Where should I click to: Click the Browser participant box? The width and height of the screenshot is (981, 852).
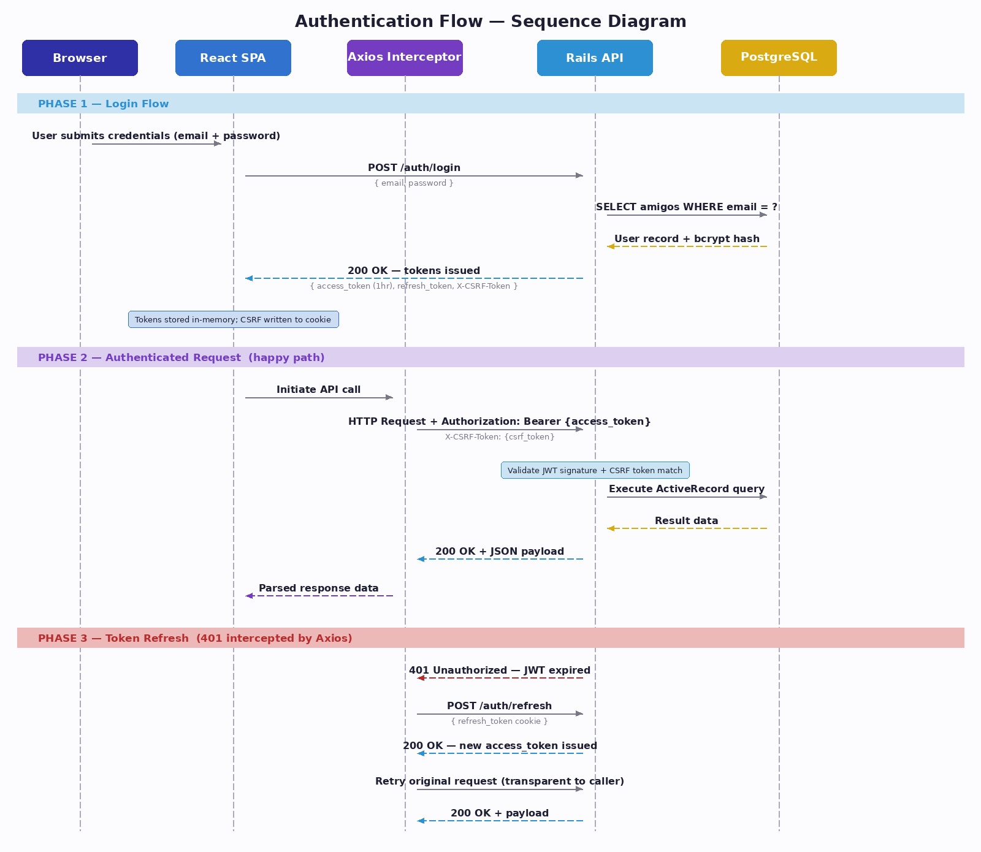80,58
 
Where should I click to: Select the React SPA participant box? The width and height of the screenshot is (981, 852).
233,58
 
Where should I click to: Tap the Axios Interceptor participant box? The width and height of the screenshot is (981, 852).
405,58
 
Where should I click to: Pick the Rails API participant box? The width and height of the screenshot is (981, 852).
595,58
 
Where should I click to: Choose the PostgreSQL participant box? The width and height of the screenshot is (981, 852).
779,58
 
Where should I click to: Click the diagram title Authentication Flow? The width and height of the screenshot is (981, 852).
490,21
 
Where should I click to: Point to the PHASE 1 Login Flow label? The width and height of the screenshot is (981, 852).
103,104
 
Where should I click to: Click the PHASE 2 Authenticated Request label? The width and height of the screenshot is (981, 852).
181,357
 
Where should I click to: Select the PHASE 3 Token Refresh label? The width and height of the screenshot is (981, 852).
195,638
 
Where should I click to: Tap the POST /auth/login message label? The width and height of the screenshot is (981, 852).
414,167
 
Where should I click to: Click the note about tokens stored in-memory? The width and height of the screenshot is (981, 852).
233,319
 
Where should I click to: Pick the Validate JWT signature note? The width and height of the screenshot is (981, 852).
595,470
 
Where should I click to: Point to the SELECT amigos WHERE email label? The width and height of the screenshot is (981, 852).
687,207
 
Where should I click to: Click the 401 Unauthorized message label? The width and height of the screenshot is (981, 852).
500,670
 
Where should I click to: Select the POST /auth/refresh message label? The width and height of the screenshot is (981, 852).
500,706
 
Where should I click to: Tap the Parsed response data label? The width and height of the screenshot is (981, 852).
319,588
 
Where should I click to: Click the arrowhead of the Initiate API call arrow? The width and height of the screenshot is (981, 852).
389,397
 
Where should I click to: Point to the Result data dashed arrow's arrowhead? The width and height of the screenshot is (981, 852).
611,528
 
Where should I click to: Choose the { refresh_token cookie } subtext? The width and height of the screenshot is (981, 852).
500,721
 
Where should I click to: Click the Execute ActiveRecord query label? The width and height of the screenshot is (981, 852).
687,489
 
